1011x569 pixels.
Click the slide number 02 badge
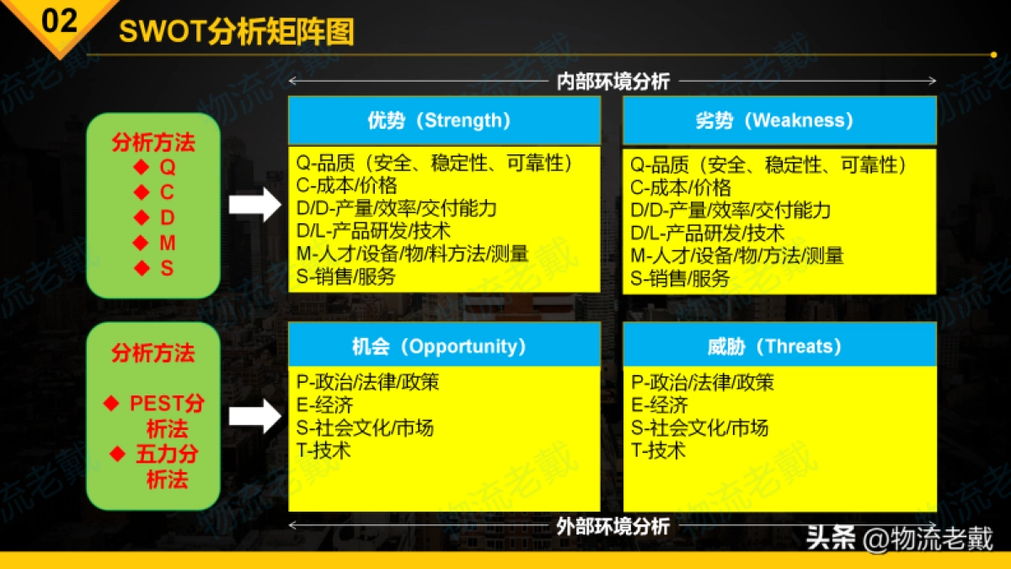(58, 21)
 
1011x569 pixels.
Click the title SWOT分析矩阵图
(237, 32)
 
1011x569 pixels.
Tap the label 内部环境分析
(612, 81)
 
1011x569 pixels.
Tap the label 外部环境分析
(612, 526)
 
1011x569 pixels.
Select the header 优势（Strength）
(444, 121)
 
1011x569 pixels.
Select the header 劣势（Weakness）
(778, 121)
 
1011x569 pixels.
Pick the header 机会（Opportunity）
(444, 346)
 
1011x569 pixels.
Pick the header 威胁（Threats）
(778, 346)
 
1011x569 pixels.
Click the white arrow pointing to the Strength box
(256, 204)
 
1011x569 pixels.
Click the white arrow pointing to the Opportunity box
(256, 416)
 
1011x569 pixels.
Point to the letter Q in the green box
(168, 168)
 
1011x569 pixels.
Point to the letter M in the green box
(168, 244)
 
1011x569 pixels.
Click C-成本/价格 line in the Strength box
(346, 185)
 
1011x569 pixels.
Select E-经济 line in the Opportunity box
(324, 405)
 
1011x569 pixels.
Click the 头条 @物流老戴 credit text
(900, 537)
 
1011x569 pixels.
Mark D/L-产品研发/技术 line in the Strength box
(373, 230)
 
